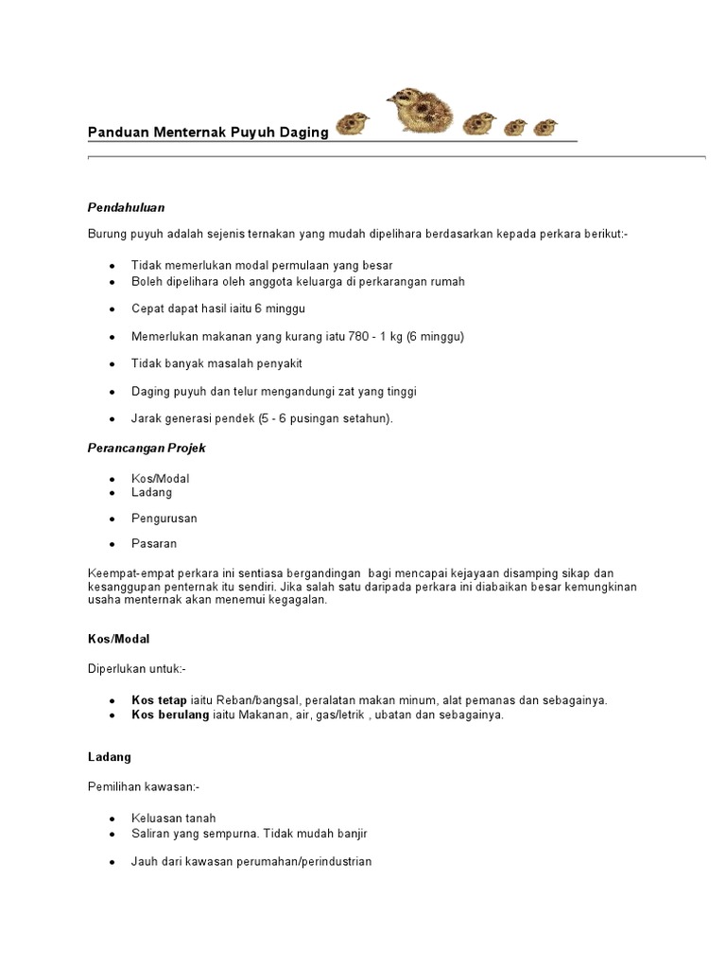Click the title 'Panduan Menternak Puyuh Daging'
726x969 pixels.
pos(208,132)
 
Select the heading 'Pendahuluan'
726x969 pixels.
pos(127,206)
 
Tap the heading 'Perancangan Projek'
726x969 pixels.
pos(147,448)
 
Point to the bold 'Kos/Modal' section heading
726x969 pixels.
pos(119,639)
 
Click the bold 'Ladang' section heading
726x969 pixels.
pos(110,757)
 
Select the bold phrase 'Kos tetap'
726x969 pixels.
pos(159,700)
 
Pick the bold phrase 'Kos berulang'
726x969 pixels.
pos(170,714)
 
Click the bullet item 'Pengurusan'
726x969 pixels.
pos(164,519)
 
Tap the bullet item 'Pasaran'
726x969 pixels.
pos(154,544)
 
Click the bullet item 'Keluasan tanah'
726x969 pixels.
pos(174,819)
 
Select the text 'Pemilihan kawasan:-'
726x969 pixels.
pos(144,785)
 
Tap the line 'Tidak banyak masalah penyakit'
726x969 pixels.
pos(216,363)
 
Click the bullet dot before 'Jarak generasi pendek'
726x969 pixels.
pos(112,418)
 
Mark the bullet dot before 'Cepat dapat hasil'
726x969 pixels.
pos(112,309)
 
